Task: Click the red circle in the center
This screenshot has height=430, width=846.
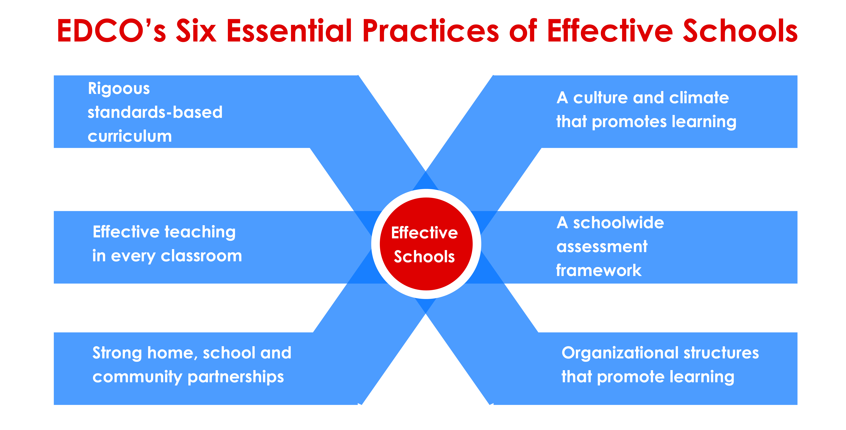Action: click(x=426, y=244)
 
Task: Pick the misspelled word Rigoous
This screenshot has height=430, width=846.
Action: click(x=119, y=89)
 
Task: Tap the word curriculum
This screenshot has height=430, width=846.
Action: click(x=130, y=136)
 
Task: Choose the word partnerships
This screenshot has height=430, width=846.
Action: click(x=235, y=377)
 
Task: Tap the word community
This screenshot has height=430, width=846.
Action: click(x=137, y=377)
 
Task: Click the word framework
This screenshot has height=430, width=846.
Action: click(x=599, y=270)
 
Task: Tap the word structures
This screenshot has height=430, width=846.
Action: click(x=721, y=353)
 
